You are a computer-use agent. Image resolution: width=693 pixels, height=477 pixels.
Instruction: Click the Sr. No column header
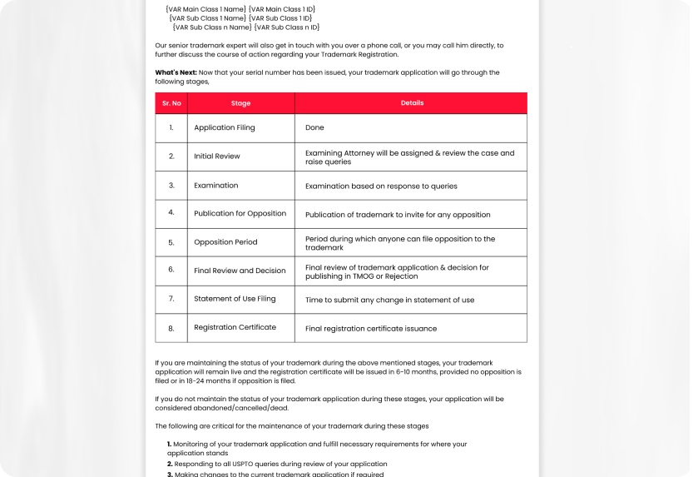pyautogui.click(x=171, y=103)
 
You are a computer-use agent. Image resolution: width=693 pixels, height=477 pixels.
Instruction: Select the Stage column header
pyautogui.click(x=240, y=103)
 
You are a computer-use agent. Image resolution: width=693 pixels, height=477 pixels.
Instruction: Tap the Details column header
pyautogui.click(x=412, y=103)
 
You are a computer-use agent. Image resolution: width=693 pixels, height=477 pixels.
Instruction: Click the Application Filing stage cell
pyautogui.click(x=225, y=127)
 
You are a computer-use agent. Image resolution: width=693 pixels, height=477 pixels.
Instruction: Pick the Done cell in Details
pyautogui.click(x=314, y=127)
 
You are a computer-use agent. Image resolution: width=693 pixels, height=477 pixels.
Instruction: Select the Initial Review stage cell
pyautogui.click(x=217, y=157)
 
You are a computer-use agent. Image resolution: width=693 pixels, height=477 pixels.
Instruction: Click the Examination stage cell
pyautogui.click(x=216, y=185)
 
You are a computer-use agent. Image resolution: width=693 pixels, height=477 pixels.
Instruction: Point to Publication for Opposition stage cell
pyautogui.click(x=240, y=213)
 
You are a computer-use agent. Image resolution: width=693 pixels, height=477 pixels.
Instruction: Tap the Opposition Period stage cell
pyautogui.click(x=225, y=242)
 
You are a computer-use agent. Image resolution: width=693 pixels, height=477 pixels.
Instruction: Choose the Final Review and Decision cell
pyautogui.click(x=240, y=271)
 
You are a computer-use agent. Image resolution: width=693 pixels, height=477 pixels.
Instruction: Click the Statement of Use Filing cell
pyautogui.click(x=235, y=299)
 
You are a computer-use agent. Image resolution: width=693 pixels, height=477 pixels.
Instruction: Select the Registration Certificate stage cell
pyautogui.click(x=235, y=327)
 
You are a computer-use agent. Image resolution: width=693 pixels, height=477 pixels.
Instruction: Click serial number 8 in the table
pyautogui.click(x=171, y=328)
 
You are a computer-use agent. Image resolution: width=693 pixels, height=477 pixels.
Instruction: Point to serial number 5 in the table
pyautogui.click(x=171, y=242)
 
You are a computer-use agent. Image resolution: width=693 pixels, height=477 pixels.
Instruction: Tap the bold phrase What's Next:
pyautogui.click(x=176, y=72)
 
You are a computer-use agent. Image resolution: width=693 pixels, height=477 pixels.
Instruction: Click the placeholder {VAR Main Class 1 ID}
pyautogui.click(x=281, y=8)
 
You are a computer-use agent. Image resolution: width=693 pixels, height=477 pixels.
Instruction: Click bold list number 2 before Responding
pyautogui.click(x=170, y=464)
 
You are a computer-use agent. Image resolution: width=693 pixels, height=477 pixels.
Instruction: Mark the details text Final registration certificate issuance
pyautogui.click(x=371, y=328)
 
